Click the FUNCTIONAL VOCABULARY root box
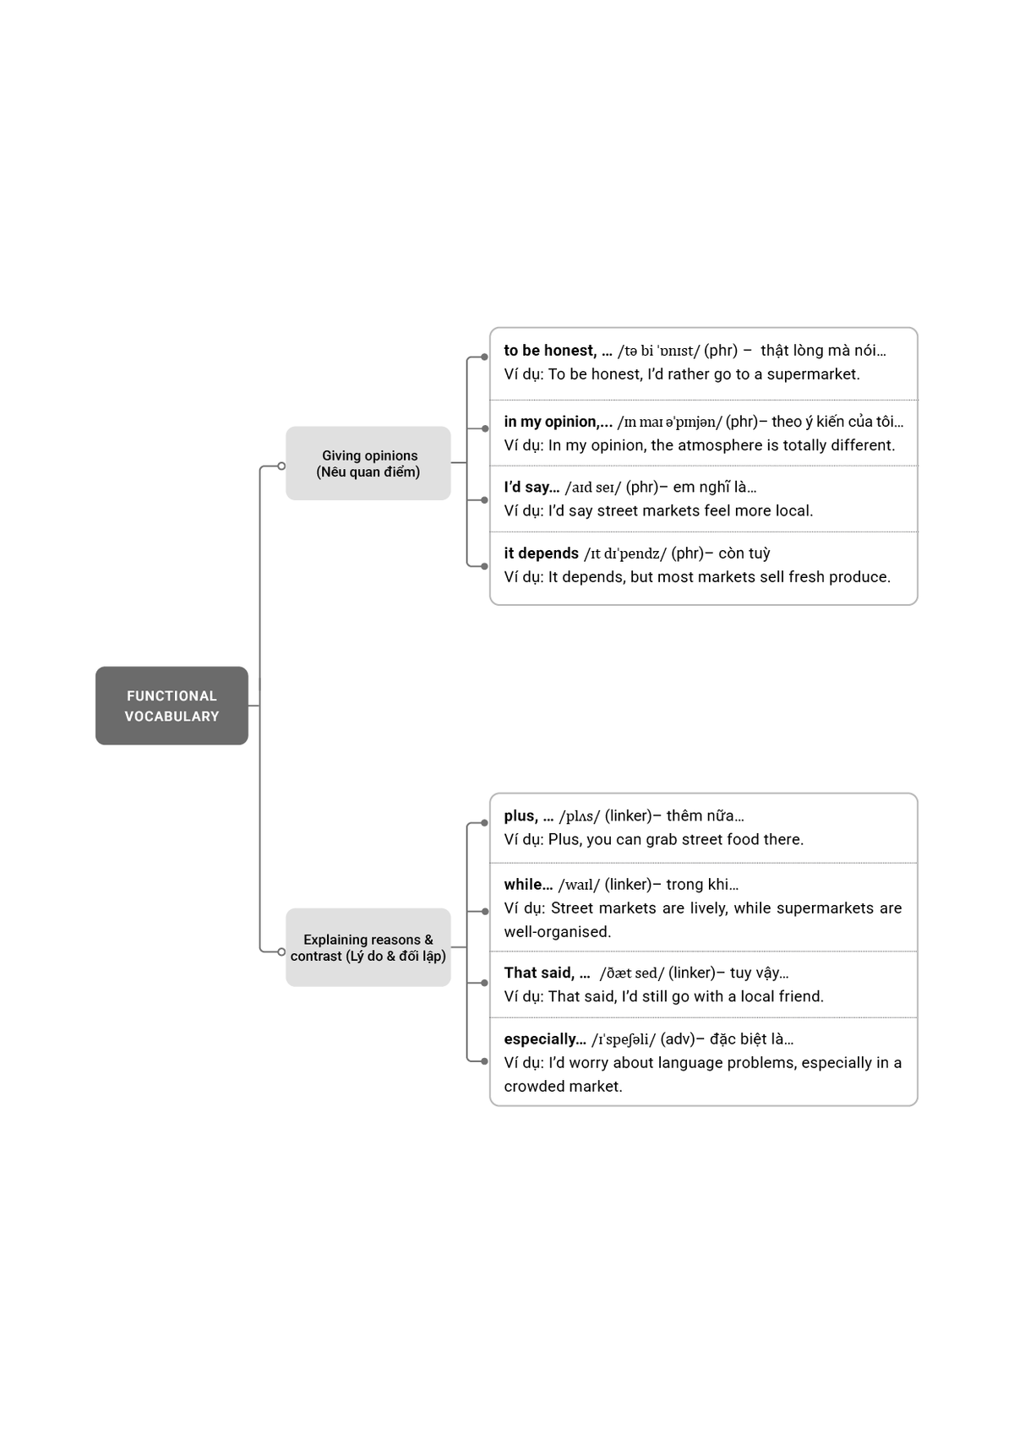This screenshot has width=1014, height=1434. pos(172,706)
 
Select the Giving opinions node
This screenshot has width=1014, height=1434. pos(368,463)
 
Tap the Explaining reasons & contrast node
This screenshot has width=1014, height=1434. pos(368,947)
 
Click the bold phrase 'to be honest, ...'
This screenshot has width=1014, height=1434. pos(558,351)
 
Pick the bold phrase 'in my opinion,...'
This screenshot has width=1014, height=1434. pos(558,422)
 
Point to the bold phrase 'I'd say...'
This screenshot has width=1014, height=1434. pos(532,488)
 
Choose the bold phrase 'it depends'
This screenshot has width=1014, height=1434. pos(541,553)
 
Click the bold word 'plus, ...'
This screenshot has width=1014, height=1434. pos(529,816)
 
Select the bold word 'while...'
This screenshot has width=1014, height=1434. pos(528,885)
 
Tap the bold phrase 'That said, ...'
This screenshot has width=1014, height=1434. pos(547,973)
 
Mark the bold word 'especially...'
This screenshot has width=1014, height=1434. pos(545,1039)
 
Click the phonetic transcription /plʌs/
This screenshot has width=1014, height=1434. pos(580,816)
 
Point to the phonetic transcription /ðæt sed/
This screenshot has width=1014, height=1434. pos(632,973)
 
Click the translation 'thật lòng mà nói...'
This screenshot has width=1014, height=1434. pos(823,351)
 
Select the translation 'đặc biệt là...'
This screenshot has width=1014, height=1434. pos(751,1039)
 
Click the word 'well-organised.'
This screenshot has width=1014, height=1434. pos(558,932)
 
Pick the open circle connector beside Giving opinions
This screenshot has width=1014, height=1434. pos(281,466)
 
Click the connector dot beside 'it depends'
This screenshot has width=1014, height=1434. pos(484,566)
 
